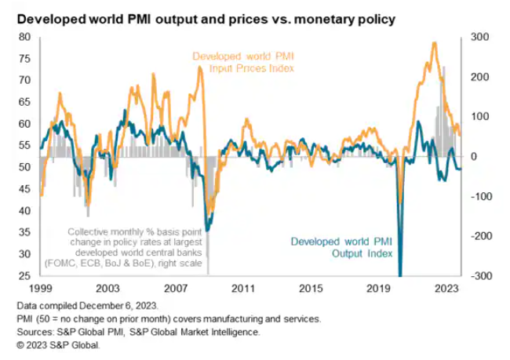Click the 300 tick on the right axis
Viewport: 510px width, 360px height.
tap(479, 37)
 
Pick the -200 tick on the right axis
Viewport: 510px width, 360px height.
tap(478, 236)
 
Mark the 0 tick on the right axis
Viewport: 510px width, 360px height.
tap(473, 156)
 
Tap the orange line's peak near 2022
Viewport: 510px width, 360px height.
tap(434, 43)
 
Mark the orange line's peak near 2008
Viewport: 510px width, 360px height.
tap(201, 68)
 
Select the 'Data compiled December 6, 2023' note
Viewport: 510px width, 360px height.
tap(85, 304)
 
